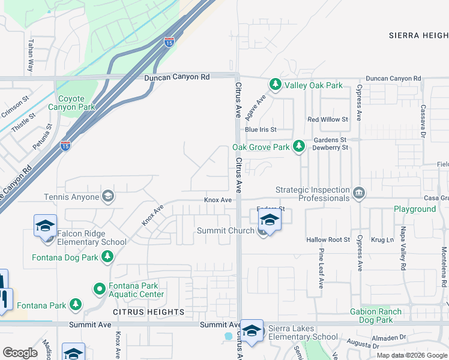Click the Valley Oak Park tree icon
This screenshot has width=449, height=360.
(x=276, y=85)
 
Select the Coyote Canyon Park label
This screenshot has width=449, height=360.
(x=76, y=103)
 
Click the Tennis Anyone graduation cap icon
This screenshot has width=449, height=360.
(x=108, y=196)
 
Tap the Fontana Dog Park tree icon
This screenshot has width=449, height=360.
(x=107, y=257)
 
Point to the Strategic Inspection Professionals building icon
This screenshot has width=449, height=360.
(x=358, y=193)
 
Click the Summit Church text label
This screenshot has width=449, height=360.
(x=226, y=231)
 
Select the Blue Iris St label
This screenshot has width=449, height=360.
(x=260, y=129)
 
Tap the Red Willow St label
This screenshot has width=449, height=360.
(x=328, y=119)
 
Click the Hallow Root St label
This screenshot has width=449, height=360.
(x=328, y=239)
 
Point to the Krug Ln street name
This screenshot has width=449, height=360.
(x=382, y=239)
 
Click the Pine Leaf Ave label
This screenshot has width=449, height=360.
(x=322, y=268)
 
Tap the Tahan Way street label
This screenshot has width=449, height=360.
(x=30, y=56)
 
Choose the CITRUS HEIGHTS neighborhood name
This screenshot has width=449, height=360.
(x=149, y=312)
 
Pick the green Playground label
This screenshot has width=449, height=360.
(x=414, y=209)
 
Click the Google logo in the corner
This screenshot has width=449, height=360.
(x=20, y=352)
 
